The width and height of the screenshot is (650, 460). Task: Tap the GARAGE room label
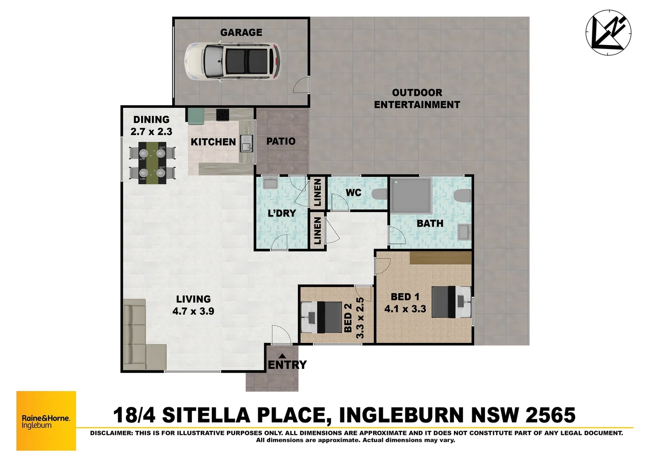[241, 32]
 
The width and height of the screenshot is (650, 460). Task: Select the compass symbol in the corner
[608, 33]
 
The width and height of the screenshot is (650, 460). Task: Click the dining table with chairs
[152, 163]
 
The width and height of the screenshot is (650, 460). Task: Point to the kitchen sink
[246, 144]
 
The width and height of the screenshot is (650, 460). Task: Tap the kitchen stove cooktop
[222, 115]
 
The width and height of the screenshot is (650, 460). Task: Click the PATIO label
[281, 141]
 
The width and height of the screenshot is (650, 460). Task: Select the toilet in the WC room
[379, 194]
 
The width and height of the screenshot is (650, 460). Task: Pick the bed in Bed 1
[451, 302]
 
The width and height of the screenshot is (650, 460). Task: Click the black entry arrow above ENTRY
[282, 356]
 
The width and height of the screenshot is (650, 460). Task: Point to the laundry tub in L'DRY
[270, 184]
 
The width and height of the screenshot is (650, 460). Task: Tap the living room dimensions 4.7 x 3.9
[193, 311]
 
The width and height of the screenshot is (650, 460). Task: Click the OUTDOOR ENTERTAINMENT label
[417, 99]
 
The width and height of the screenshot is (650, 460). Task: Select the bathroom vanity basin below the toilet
[464, 232]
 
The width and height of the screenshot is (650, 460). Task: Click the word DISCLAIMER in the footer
[111, 433]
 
